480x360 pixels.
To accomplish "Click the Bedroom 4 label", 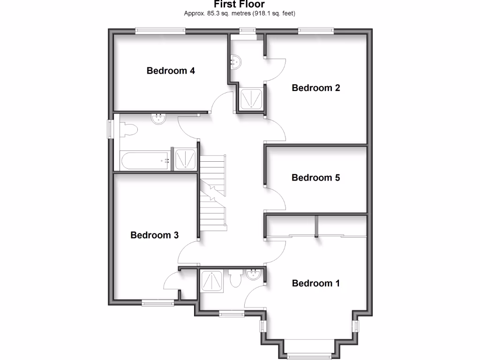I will click(171, 71).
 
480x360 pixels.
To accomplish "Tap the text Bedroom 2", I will click(315, 88).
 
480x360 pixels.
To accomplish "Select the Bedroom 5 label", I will click(315, 178).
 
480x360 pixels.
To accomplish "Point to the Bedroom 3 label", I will click(154, 235).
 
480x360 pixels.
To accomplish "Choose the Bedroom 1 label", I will click(315, 283).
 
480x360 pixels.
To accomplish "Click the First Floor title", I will click(239, 4).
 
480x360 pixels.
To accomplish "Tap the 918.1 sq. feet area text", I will click(275, 13).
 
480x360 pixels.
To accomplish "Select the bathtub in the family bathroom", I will click(145, 160).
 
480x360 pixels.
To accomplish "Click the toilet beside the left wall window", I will click(127, 129).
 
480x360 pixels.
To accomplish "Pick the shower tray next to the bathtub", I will click(186, 159).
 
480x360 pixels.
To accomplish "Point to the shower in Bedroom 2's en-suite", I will click(251, 98).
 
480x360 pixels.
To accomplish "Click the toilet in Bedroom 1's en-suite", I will click(235, 278).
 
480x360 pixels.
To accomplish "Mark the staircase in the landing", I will click(214, 192).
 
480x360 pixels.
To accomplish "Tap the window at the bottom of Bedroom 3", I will click(157, 303).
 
